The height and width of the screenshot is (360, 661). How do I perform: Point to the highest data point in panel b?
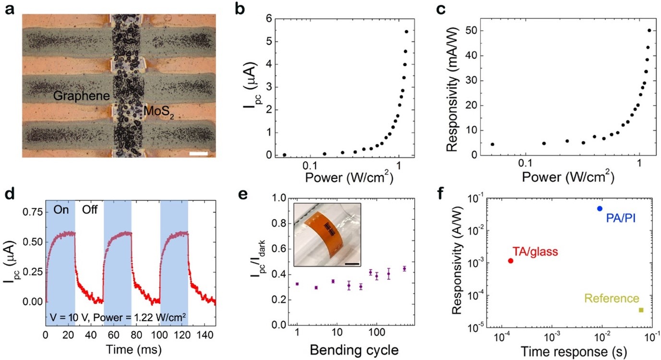407,32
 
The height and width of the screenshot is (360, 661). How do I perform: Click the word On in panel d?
60,210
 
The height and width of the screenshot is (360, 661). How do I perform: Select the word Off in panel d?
89,210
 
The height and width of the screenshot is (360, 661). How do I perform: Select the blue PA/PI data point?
600,208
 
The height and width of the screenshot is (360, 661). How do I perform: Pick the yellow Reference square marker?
641,310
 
